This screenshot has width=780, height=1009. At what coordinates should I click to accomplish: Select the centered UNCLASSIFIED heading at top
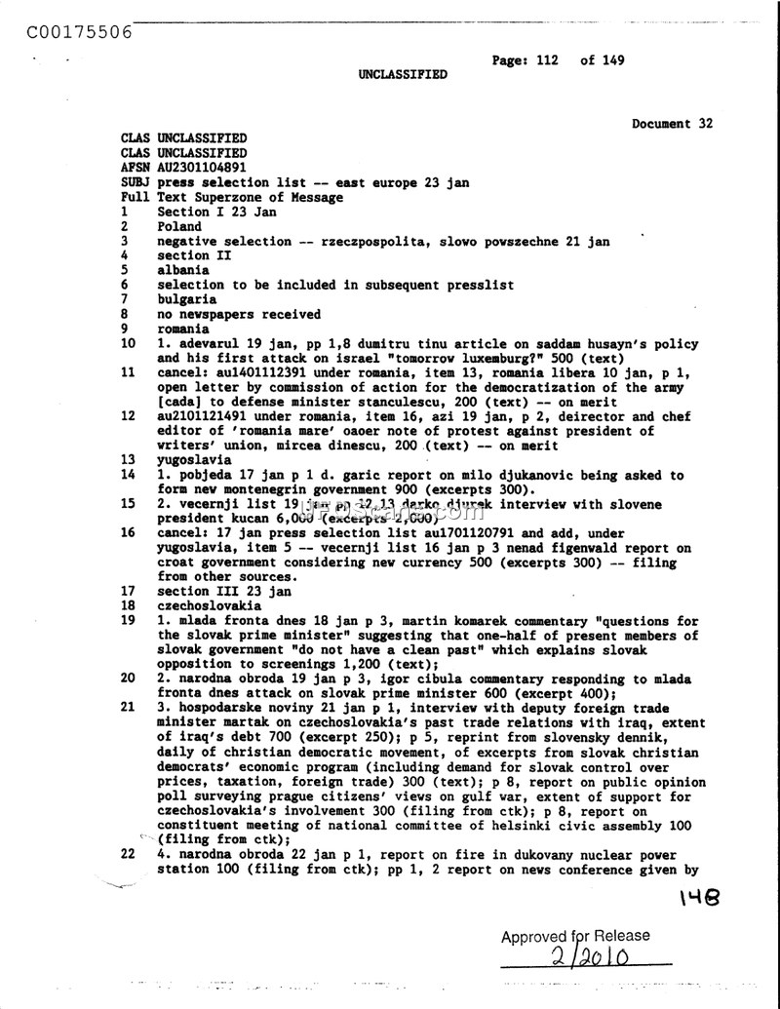click(403, 74)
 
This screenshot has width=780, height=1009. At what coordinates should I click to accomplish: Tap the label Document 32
click(672, 124)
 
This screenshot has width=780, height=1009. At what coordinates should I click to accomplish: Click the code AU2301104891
click(203, 168)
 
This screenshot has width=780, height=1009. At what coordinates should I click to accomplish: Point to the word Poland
click(179, 226)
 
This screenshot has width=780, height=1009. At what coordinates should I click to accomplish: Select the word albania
click(183, 270)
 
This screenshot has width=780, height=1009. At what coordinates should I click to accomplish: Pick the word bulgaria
click(186, 299)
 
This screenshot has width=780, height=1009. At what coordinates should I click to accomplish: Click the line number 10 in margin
click(128, 343)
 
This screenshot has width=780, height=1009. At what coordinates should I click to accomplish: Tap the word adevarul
click(202, 343)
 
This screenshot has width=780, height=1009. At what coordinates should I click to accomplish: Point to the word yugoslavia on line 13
click(194, 459)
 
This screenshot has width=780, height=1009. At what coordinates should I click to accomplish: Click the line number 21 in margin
click(128, 708)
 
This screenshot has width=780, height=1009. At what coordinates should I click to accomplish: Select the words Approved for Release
click(575, 936)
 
